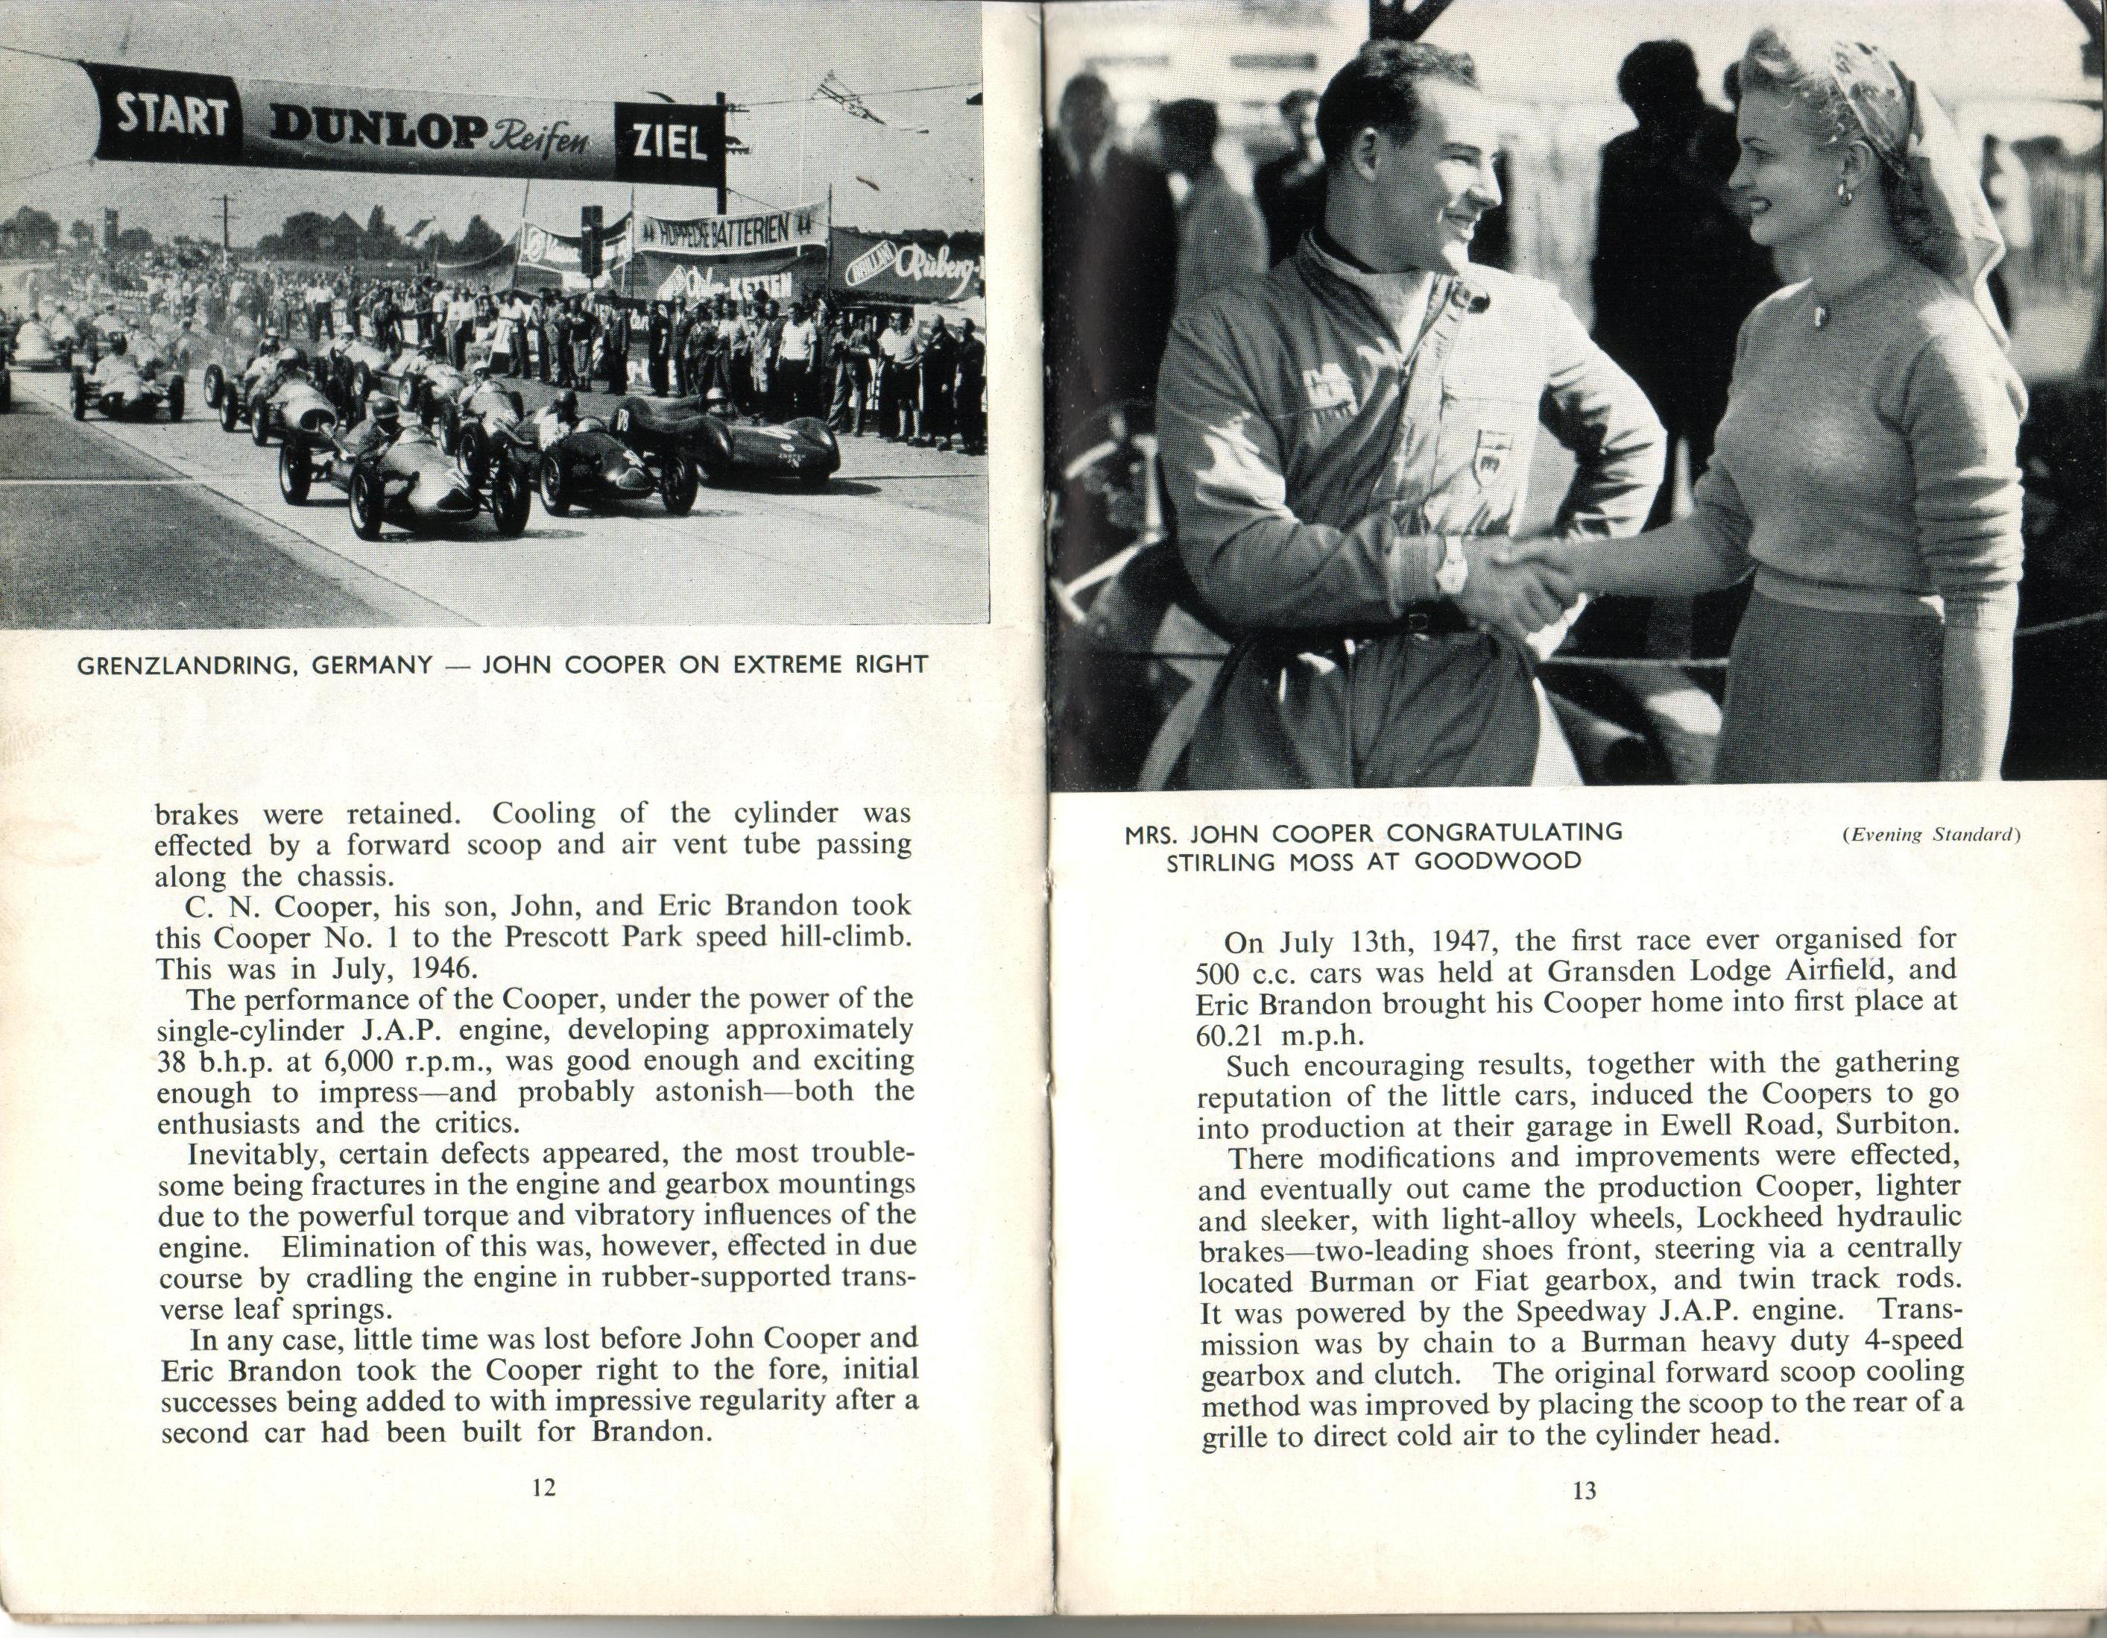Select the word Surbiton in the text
point(1898,1126)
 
